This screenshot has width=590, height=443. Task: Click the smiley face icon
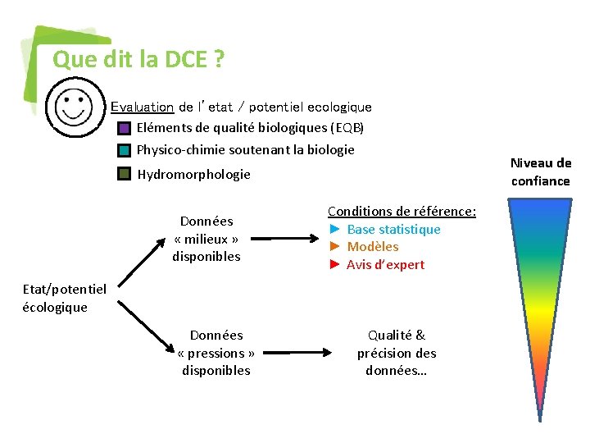point(75,107)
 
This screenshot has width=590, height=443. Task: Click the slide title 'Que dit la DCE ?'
point(138,60)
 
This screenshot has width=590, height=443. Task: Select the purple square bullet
point(124,128)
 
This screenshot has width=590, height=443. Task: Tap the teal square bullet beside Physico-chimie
point(124,150)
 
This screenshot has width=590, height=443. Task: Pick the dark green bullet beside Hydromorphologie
point(124,174)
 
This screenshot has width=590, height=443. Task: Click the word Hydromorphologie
point(193,174)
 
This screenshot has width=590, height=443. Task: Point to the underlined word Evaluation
point(142,107)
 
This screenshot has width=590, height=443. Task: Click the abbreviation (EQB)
point(347,128)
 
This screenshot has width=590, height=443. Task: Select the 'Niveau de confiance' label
point(540,172)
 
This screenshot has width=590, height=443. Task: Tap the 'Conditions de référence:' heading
point(402,212)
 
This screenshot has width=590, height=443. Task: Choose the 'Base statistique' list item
point(393,230)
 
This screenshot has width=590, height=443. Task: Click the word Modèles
point(373,247)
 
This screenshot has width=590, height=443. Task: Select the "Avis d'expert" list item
point(385,265)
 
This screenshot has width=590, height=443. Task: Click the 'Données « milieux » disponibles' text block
point(206,239)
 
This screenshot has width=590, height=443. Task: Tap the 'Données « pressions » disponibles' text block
point(216,353)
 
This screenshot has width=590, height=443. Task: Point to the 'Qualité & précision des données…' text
point(397,353)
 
